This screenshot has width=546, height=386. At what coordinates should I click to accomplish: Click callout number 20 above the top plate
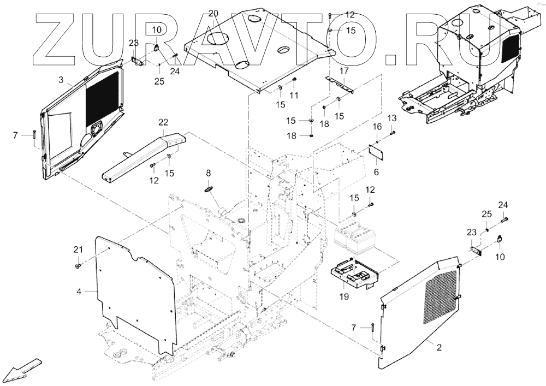pos(213,13)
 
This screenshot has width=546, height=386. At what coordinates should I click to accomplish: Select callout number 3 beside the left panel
pos(61,80)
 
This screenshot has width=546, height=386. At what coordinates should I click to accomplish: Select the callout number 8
pos(208,173)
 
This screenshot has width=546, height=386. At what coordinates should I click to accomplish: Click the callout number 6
pos(376,172)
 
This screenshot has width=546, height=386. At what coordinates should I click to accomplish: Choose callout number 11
pos(294,96)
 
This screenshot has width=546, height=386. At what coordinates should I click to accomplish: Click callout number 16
pos(377,127)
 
